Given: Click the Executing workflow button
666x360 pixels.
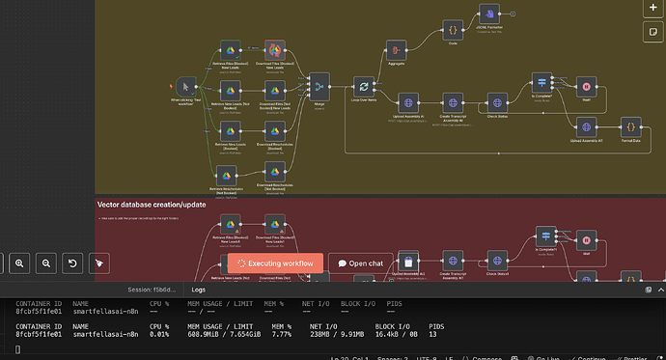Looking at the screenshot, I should (274, 263).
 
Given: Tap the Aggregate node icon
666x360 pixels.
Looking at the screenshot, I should (394, 48).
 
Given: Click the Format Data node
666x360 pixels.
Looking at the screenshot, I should (628, 126).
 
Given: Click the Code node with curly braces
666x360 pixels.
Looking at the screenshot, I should (452, 32).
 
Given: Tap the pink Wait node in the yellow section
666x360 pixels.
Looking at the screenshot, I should (584, 85).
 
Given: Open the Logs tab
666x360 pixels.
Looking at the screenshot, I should (199, 289).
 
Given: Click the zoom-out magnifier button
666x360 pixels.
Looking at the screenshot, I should (45, 263).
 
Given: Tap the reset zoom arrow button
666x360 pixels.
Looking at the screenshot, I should (71, 263).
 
